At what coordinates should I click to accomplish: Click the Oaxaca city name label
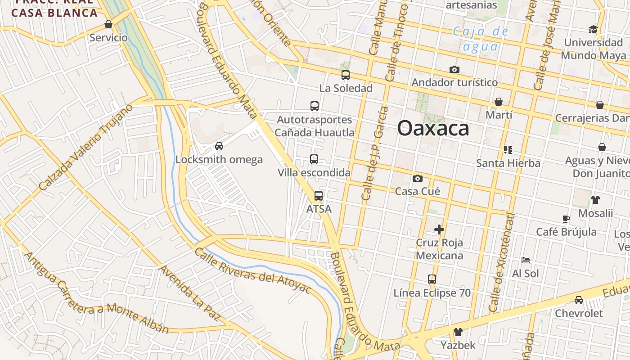(433, 128)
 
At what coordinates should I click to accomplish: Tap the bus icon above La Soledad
(346, 75)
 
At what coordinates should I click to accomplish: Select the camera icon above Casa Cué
(418, 178)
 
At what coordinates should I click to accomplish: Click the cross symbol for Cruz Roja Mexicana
(439, 229)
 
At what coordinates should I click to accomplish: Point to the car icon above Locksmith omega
(219, 146)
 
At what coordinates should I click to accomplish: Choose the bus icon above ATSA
(319, 196)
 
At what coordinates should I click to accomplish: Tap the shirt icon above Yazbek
(458, 333)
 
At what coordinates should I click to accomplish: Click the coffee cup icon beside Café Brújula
(566, 219)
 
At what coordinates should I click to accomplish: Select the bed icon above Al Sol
(525, 260)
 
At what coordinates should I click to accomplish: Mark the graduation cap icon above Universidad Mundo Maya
(593, 30)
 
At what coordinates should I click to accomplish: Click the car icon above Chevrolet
(579, 300)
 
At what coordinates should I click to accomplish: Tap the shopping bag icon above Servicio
(108, 24)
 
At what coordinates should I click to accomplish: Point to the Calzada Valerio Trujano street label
(85, 148)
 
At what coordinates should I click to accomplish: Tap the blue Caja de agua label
(480, 39)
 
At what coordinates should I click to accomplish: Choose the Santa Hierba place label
(508, 163)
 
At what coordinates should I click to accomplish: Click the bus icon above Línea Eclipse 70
(432, 279)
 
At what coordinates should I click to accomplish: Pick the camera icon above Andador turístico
(454, 70)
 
